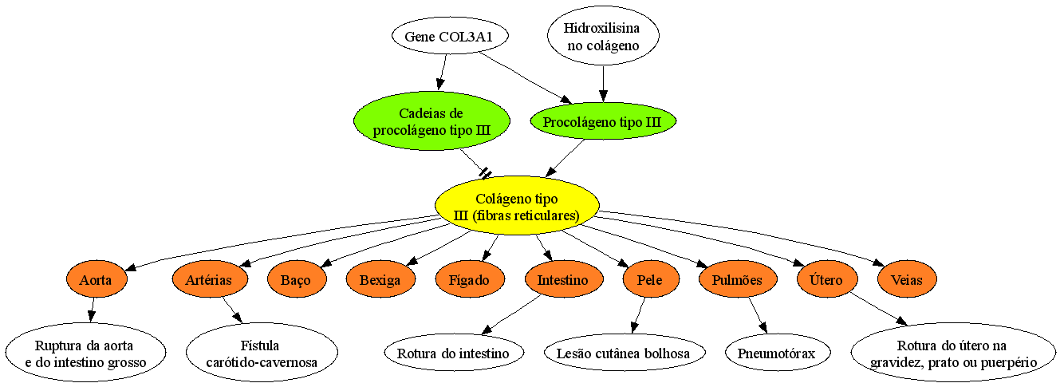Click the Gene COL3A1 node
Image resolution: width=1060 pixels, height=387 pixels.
[450, 37]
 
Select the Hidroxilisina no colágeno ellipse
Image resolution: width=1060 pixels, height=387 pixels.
[603, 36]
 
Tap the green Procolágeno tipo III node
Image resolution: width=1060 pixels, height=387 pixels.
[603, 121]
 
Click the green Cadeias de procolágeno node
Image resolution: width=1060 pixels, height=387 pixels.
[431, 120]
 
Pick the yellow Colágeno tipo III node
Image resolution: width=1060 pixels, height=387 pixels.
[517, 206]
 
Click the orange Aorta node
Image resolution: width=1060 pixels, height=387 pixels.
[97, 279]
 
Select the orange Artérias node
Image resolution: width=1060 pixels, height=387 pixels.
[210, 279]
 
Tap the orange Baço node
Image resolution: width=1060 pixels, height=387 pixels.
[297, 279]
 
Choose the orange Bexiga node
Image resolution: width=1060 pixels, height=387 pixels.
[380, 279]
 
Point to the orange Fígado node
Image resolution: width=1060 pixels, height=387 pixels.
[470, 279]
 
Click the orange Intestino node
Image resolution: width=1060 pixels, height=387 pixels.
[564, 279]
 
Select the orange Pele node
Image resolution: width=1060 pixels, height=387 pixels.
[651, 279]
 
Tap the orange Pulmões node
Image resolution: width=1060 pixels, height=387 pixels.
[738, 279]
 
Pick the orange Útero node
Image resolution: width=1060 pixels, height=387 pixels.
[827, 279]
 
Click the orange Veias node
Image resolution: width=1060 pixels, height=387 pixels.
[907, 279]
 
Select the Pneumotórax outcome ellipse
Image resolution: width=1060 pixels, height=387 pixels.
[778, 353]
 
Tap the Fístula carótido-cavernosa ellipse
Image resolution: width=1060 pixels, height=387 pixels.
[262, 353]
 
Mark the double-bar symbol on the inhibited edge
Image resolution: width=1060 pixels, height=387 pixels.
[485, 173]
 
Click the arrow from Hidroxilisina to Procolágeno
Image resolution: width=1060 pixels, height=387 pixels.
[603, 85]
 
